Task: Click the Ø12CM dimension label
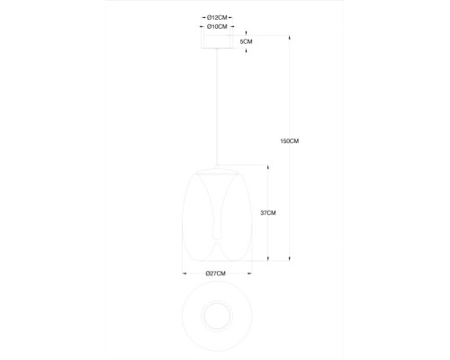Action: [217, 18]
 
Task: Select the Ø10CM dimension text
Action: [217, 27]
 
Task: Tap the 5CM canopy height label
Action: [246, 41]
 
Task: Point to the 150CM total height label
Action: [290, 141]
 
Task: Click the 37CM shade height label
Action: [268, 213]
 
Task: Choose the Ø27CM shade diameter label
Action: [215, 274]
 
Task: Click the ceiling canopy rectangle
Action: [217, 41]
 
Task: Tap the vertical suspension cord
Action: [217, 106]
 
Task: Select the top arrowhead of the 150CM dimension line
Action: [290, 38]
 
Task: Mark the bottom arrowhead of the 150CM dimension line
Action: [290, 258]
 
